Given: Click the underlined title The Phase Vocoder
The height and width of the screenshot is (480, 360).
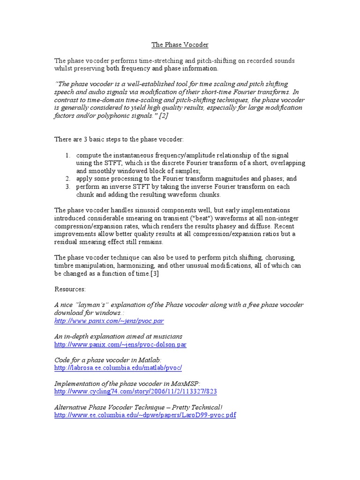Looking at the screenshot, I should pyautogui.click(x=180, y=45).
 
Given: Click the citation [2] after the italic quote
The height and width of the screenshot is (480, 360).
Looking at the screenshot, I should pyautogui.click(x=163, y=116).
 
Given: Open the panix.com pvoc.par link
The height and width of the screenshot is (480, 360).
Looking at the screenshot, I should pyautogui.click(x=109, y=321).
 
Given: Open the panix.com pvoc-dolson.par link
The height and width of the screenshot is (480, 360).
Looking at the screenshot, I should pyautogui.click(x=120, y=345).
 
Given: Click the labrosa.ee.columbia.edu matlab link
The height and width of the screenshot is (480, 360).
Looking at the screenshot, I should pyautogui.click(x=118, y=368).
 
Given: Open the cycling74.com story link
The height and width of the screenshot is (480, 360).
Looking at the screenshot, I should pyautogui.click(x=135, y=391).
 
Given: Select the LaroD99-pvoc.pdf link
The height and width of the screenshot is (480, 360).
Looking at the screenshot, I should pyautogui.click(x=145, y=415).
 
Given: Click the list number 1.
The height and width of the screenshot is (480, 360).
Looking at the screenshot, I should pyautogui.click(x=67, y=155).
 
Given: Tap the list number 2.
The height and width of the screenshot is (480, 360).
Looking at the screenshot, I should pyautogui.click(x=67, y=179).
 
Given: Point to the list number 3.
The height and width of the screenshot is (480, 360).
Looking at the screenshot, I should pyautogui.click(x=67, y=187).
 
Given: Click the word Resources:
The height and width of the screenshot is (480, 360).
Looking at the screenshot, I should pyautogui.click(x=70, y=289).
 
